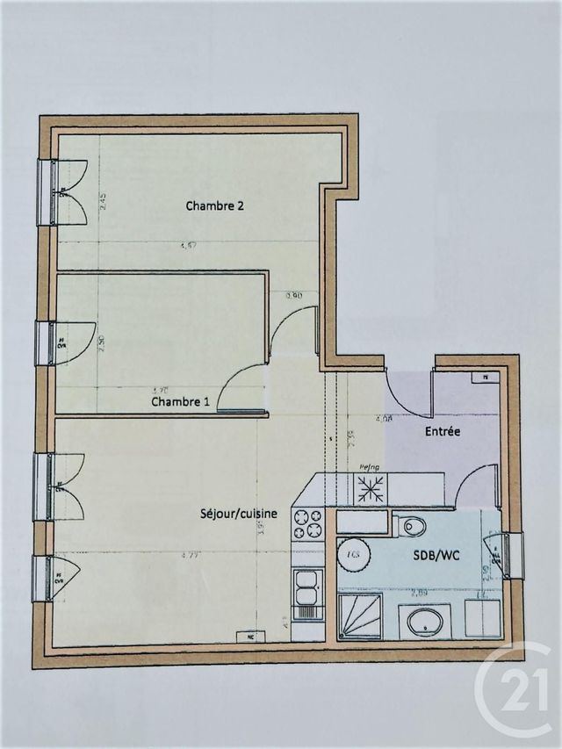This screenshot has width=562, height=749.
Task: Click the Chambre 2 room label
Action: [x=214, y=206]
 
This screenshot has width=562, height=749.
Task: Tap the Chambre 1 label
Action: [x=180, y=402]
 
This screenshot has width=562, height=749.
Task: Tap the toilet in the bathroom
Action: [x=411, y=526]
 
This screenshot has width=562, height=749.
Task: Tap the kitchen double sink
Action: [x=307, y=588]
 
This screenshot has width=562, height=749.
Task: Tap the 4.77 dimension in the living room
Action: [x=188, y=555]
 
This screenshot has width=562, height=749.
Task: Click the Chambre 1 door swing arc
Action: [x=237, y=382]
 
